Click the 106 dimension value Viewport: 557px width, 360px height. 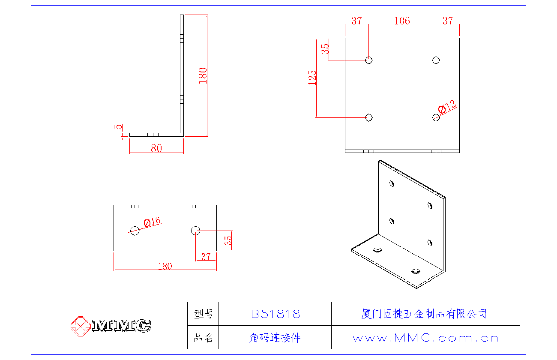(402, 21)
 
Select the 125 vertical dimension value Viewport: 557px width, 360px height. (312, 78)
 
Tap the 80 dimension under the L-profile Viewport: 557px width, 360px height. (156, 148)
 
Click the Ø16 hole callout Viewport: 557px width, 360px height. (152, 222)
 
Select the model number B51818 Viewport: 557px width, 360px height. (275, 314)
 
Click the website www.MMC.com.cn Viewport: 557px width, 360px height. (425, 338)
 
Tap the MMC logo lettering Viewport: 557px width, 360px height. (122, 326)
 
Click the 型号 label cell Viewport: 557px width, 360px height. (204, 314)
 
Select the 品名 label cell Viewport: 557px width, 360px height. (204, 338)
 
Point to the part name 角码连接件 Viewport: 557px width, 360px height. (275, 338)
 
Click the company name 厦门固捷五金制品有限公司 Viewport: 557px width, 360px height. (424, 314)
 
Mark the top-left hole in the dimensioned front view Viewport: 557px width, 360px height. (368, 60)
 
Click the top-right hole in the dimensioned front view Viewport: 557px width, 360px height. (436, 60)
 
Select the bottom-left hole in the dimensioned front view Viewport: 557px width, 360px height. (368, 117)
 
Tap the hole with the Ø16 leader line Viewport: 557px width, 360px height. (135, 231)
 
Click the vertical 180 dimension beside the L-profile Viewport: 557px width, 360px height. (203, 75)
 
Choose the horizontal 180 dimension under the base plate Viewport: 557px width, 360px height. (165, 266)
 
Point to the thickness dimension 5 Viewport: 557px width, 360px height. (120, 127)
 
